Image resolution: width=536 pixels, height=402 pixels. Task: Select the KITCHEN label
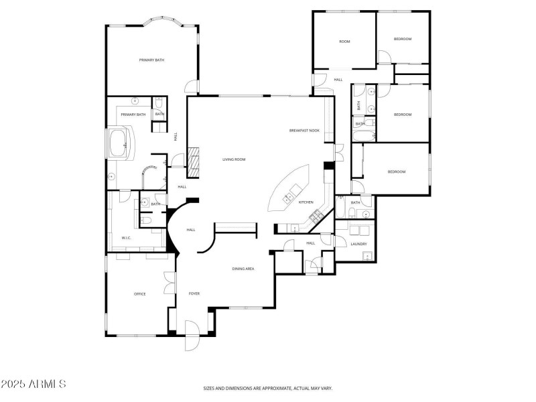(x=306, y=202)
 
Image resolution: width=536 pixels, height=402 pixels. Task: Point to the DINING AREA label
(x=243, y=269)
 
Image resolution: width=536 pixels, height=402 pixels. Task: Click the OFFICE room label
(x=139, y=293)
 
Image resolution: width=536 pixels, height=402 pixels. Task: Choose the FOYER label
(x=194, y=293)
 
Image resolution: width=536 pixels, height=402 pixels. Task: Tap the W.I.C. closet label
(x=126, y=238)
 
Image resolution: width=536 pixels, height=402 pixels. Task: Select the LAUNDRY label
(x=358, y=244)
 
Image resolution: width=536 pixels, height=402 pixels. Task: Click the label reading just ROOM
(x=344, y=42)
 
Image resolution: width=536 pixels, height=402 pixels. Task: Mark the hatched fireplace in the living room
(x=193, y=162)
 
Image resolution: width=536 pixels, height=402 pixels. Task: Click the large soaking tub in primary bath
(x=121, y=143)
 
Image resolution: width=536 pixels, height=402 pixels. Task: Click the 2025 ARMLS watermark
(x=33, y=384)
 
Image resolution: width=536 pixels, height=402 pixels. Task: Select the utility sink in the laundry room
(x=360, y=231)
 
